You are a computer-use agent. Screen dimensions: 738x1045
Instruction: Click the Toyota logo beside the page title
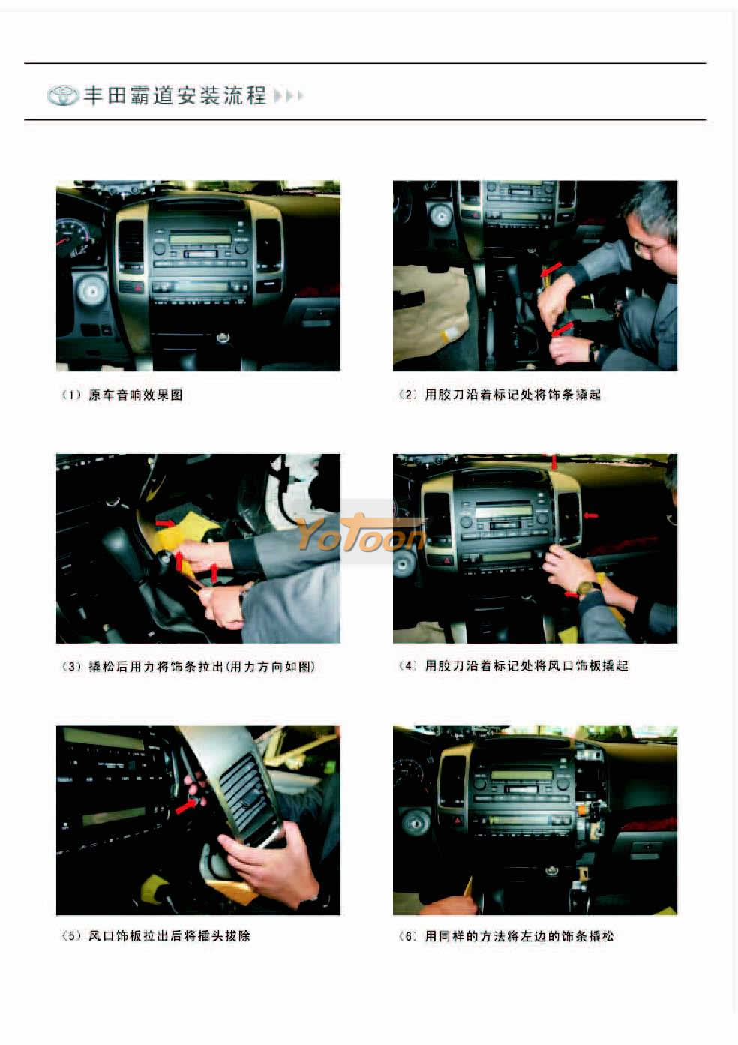(x=63, y=95)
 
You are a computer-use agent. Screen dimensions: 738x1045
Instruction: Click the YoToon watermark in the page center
(x=360, y=533)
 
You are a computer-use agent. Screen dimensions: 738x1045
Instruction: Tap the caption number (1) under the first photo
(x=71, y=395)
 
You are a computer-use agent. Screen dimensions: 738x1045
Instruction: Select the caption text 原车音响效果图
(x=135, y=395)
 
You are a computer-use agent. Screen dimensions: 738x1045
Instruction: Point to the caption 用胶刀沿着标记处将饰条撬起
(x=513, y=394)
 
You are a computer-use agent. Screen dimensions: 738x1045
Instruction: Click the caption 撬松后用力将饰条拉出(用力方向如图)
(x=202, y=667)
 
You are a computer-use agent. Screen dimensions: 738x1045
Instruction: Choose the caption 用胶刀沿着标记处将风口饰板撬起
(x=526, y=665)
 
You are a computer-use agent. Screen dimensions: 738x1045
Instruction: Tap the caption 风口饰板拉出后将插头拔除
(x=169, y=935)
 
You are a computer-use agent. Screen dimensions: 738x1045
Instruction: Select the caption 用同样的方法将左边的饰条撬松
(x=519, y=935)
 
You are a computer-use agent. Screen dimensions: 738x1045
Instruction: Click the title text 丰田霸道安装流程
(x=175, y=95)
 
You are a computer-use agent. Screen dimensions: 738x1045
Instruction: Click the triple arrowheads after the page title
(x=289, y=95)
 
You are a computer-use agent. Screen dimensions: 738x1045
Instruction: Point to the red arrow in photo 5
(x=186, y=806)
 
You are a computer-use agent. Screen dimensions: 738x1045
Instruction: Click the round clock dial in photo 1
(x=92, y=291)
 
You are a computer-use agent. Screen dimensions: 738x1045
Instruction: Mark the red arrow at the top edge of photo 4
(x=553, y=462)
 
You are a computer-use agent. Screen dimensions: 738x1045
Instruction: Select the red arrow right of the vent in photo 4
(x=590, y=515)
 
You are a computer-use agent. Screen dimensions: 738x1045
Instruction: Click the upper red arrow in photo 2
(x=551, y=269)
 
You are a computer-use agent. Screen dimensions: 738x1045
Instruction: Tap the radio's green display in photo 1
(x=200, y=239)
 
